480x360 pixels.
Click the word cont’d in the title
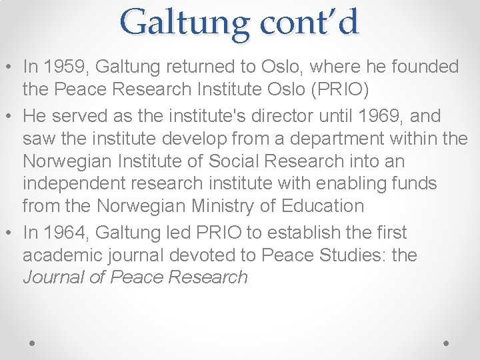[x=309, y=22]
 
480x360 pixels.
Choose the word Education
[x=324, y=206]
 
